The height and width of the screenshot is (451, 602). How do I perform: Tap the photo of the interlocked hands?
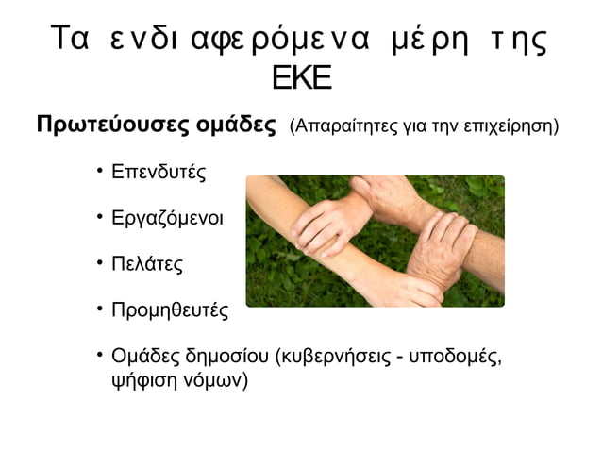pos(374,241)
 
